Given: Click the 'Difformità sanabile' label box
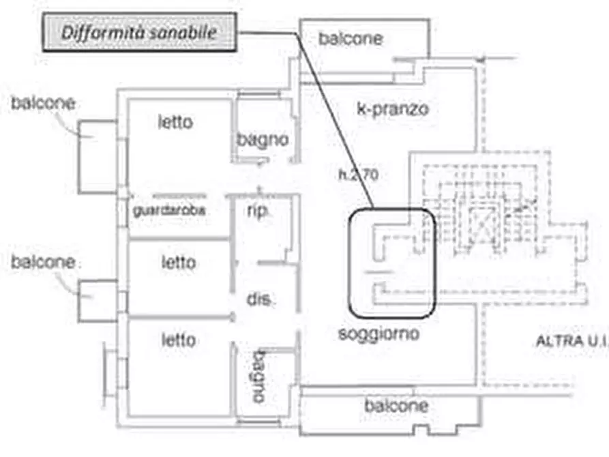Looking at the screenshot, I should coord(140,32).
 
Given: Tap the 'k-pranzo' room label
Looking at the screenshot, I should coord(393,108).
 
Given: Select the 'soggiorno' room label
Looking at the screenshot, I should coord(378,334).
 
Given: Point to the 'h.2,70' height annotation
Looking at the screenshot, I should coord(358,174).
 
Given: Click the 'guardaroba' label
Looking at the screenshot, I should coord(169,211).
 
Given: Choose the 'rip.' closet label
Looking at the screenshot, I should coord(257,211).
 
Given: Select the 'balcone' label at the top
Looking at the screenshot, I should coord(351,38).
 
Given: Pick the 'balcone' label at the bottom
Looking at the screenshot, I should coord(396,407).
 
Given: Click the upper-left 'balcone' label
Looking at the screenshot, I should coord(42,104).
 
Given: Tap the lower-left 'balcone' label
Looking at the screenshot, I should coord(42,262).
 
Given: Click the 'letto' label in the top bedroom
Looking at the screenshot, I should coord(175,123).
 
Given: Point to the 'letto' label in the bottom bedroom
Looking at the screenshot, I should coord(178,339).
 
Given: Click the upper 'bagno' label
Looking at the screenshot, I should coord(263,140).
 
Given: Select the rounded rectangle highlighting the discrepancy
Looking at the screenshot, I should coord(391,263).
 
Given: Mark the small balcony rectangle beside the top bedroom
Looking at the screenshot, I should coord(98,156).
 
